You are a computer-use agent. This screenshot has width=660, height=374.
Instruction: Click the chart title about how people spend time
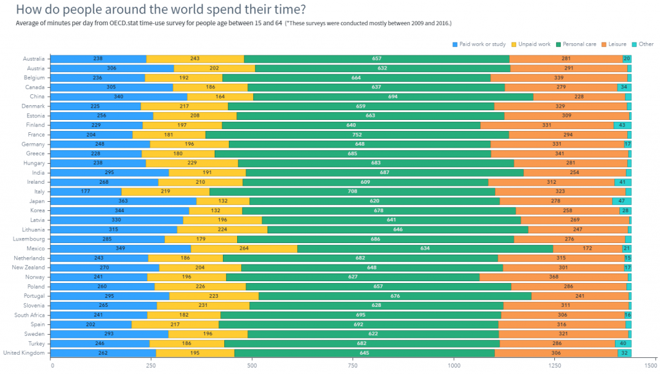[x=160, y=10]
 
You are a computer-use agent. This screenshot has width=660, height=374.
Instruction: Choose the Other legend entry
[x=645, y=44]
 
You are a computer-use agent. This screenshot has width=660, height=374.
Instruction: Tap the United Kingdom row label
[x=24, y=353]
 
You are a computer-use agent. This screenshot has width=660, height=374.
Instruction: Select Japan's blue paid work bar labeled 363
[x=123, y=201]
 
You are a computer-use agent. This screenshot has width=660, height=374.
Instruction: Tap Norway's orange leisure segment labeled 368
[x=554, y=277]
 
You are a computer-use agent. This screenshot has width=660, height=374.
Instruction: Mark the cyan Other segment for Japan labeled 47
[x=621, y=201]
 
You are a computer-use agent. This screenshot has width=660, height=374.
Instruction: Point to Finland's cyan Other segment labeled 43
[x=622, y=125]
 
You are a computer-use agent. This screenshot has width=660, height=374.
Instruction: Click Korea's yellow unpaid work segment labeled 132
[x=216, y=210]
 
